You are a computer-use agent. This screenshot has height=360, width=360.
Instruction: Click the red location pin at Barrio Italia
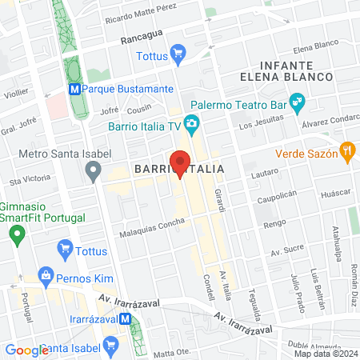pyautogui.click(x=180, y=162)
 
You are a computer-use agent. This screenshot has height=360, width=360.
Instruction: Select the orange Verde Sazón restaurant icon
pyautogui.click(x=346, y=149)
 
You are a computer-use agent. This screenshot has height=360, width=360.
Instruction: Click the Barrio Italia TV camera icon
pyautogui.click(x=191, y=123)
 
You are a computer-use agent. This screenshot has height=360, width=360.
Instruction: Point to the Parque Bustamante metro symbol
pyautogui.click(x=74, y=89)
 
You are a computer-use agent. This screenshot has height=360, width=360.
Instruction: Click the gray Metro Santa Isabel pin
pyautogui.click(x=94, y=170)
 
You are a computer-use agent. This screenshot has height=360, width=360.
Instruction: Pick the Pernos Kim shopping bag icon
pyautogui.click(x=45, y=277)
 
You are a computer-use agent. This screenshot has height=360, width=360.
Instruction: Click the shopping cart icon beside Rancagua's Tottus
pyautogui.click(x=178, y=55)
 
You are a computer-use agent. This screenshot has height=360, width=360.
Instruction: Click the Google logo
pyautogui.click(x=26, y=350)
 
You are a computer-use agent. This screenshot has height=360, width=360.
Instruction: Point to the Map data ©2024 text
pyautogui.click(x=326, y=353)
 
